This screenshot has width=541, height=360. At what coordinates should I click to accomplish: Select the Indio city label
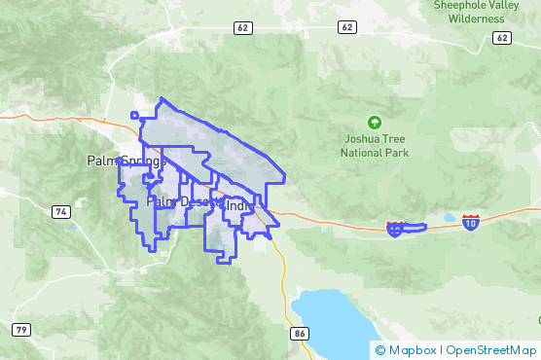tap(239, 205)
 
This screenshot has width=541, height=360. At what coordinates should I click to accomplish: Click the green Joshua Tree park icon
tap(374, 123)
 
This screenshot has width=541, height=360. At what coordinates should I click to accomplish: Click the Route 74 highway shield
tap(60, 211)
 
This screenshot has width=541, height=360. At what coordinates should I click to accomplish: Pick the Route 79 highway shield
tap(21, 329)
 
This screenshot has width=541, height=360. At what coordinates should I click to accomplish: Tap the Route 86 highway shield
tap(300, 333)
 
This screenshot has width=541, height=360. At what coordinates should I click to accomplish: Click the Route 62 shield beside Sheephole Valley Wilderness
tap(501, 37)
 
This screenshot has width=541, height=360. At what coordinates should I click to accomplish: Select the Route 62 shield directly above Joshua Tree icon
tap(347, 27)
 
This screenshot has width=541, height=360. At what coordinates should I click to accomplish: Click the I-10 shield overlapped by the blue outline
tap(395, 230)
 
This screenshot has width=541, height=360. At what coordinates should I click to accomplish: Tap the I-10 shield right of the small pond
tap(471, 223)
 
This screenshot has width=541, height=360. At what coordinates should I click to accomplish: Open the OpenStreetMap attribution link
tap(491, 349)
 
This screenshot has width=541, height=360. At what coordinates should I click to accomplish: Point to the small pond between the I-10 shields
tap(449, 218)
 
